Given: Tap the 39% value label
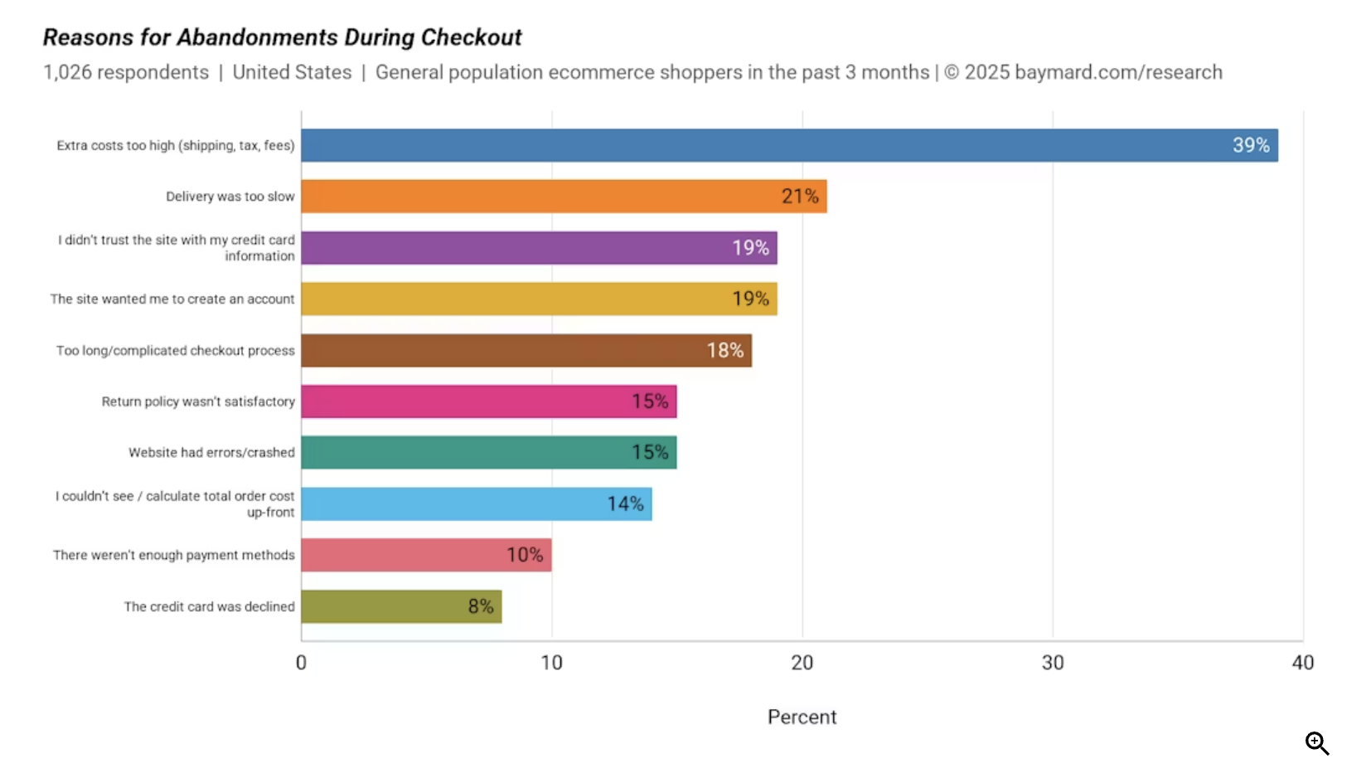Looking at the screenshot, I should pos(1250,145).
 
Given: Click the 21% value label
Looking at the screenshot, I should pos(799,197).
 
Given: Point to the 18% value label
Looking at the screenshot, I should pos(724,350).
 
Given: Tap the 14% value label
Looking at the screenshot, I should pos(625,503).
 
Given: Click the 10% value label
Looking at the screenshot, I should pos(525,555).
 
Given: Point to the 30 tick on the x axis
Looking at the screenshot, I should pos(1052,663).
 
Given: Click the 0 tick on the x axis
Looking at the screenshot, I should pos(301,663).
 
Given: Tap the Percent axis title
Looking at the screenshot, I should pos(802,717).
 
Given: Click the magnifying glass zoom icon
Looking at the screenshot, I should pos(1316,743).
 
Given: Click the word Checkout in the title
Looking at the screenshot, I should pos(471,37).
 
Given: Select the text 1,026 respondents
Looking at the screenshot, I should pos(126,72).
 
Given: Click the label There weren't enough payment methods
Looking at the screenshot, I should pos(174,555).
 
